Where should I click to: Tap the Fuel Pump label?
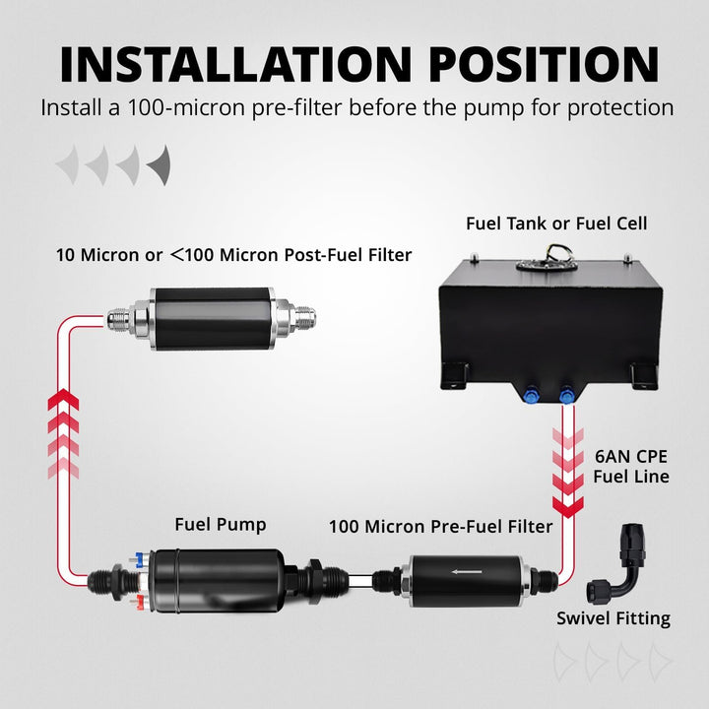click(220, 525)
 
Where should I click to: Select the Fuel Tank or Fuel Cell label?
click(556, 224)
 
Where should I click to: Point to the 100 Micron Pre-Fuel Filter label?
click(440, 527)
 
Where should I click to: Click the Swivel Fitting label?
click(612, 618)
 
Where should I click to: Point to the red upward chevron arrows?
click(63, 433)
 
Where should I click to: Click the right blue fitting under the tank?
click(567, 396)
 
